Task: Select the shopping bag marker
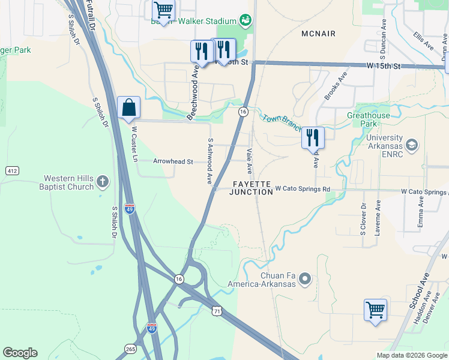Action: (x=128, y=108)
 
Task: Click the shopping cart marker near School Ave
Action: (x=375, y=310)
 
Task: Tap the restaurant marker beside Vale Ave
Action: (x=313, y=137)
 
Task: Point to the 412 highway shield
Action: (x=12, y=171)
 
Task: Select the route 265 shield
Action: (x=130, y=348)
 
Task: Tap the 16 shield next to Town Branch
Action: (x=243, y=112)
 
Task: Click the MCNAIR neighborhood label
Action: (x=319, y=34)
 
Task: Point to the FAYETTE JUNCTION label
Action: (x=252, y=188)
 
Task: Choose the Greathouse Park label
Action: (x=369, y=119)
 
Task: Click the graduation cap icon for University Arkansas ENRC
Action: (x=412, y=145)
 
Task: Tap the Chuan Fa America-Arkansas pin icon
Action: (x=306, y=278)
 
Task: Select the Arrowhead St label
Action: (x=173, y=161)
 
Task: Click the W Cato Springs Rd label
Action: (x=303, y=189)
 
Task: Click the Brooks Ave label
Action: (x=336, y=86)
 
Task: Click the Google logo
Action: (x=20, y=353)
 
